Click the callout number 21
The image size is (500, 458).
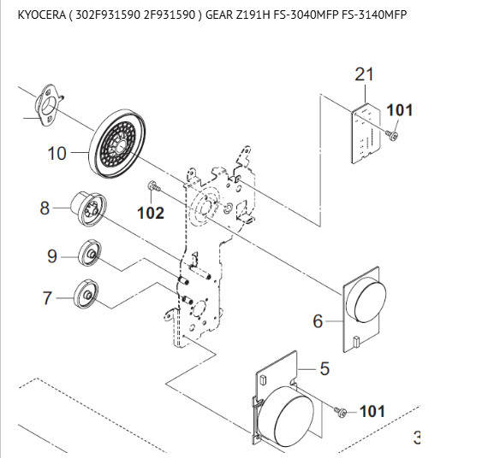click(x=364, y=74)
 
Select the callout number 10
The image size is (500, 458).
click(x=57, y=153)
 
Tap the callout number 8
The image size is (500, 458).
click(x=45, y=208)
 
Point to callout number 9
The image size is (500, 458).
click(x=52, y=256)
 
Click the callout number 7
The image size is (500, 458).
click(x=47, y=298)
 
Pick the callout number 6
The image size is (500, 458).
click(x=318, y=320)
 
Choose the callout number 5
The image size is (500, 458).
click(x=324, y=368)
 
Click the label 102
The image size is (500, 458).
click(x=151, y=213)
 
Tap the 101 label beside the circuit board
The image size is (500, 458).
click(x=400, y=110)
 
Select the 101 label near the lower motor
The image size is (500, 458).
click(x=372, y=411)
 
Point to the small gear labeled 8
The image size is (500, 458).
click(x=88, y=207)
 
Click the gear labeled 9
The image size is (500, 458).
click(x=90, y=253)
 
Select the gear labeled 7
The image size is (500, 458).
click(x=86, y=295)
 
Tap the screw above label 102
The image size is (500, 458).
click(x=154, y=186)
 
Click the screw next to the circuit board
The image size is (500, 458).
click(x=391, y=135)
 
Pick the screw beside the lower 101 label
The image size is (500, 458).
click(x=340, y=411)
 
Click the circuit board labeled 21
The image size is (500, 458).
click(x=366, y=133)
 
